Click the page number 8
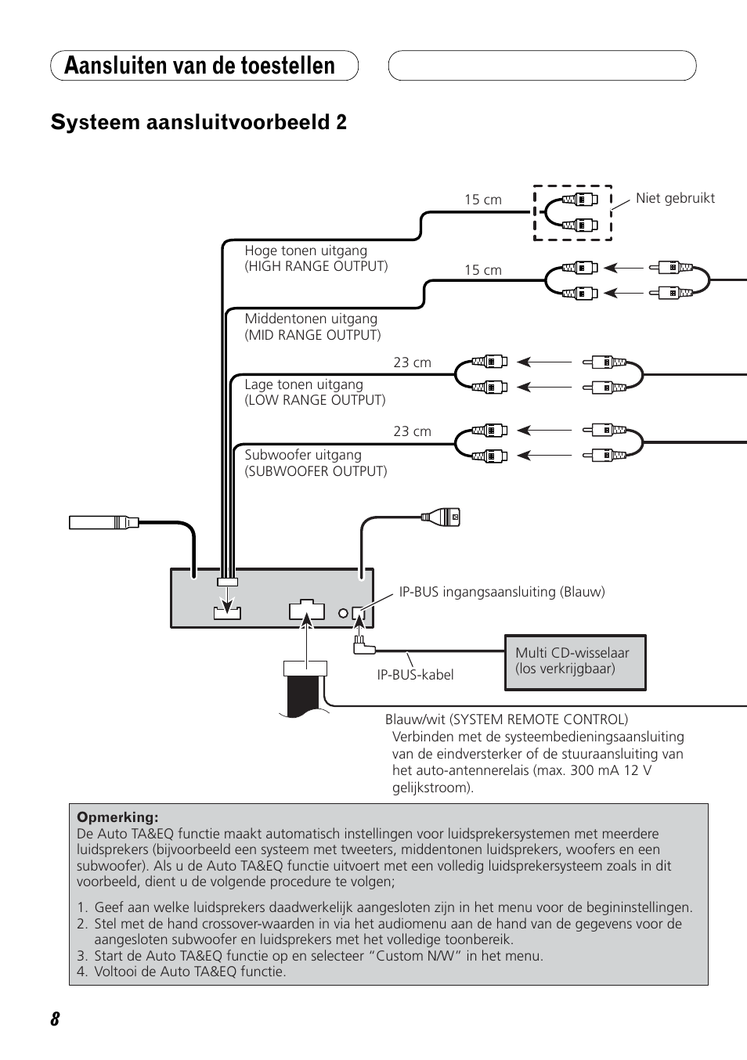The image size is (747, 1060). tap(55, 1019)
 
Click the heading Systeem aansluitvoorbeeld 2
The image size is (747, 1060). tap(199, 122)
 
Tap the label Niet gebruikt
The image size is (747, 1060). tap(675, 198)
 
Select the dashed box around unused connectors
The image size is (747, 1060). tap(572, 212)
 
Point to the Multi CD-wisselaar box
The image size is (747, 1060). tap(575, 662)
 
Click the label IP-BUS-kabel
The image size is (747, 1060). tap(415, 675)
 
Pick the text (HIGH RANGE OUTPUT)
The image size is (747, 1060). tap(316, 266)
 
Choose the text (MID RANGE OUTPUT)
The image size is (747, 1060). tap(312, 335)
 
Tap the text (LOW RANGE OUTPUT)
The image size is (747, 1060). tap(315, 400)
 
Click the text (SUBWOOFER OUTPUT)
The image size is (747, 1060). tap(316, 471)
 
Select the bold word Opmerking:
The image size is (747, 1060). tap(117, 817)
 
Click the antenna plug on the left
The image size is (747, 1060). tap(103, 521)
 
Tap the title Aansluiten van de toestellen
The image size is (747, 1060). tap(200, 66)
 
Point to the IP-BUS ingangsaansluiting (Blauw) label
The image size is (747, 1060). tap(502, 592)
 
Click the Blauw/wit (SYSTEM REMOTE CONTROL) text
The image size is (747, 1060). tap(506, 719)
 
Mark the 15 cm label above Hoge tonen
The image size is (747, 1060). tap(482, 200)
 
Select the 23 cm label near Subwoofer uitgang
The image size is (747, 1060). tap(412, 431)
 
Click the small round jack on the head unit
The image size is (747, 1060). tap(343, 614)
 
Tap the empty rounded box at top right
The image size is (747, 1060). tap(542, 66)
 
